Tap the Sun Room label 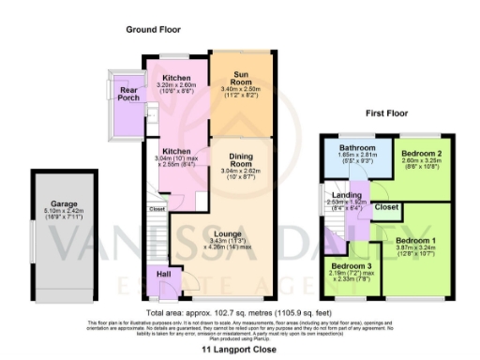(241, 78)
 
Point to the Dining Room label (241, 162)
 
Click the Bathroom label (358, 148)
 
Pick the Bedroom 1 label (418, 239)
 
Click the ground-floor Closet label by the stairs (157, 209)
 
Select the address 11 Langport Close (239, 348)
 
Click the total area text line (239, 310)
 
